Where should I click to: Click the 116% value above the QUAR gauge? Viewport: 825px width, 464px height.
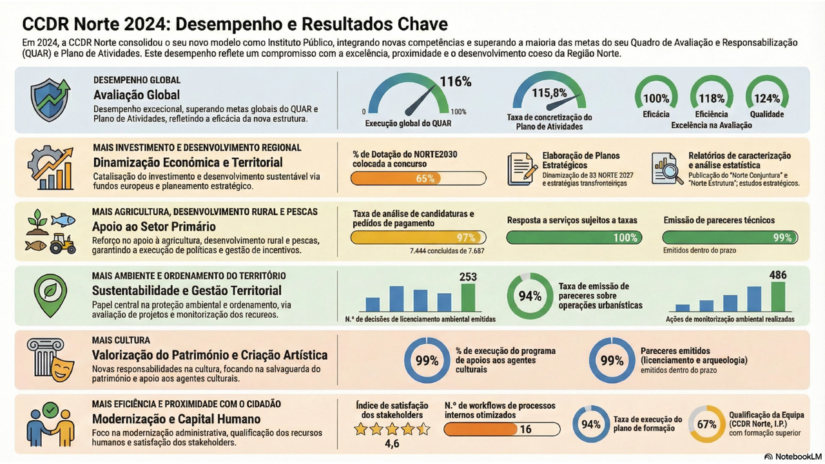point(455,81)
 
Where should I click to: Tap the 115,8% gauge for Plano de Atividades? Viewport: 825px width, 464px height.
point(549,94)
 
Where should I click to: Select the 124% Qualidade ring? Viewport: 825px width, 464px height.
point(766,98)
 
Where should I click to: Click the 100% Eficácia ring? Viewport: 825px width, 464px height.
point(656,98)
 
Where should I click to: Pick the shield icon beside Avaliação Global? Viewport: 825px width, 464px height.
point(51,99)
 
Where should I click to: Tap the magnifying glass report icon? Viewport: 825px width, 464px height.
point(666,169)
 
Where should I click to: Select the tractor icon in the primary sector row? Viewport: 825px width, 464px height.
point(63,244)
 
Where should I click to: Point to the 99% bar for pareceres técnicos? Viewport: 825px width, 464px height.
point(730,237)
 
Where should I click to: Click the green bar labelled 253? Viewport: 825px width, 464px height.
point(468,297)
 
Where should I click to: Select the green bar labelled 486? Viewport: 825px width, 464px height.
point(778,296)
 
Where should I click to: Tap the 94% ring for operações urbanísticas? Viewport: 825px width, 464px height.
point(530,296)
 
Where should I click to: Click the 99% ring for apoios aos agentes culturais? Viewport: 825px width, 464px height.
point(427,360)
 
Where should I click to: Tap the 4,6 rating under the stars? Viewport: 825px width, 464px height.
point(391,443)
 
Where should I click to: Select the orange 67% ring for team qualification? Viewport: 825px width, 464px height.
point(707,424)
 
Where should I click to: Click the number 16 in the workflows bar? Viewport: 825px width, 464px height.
point(525,429)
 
